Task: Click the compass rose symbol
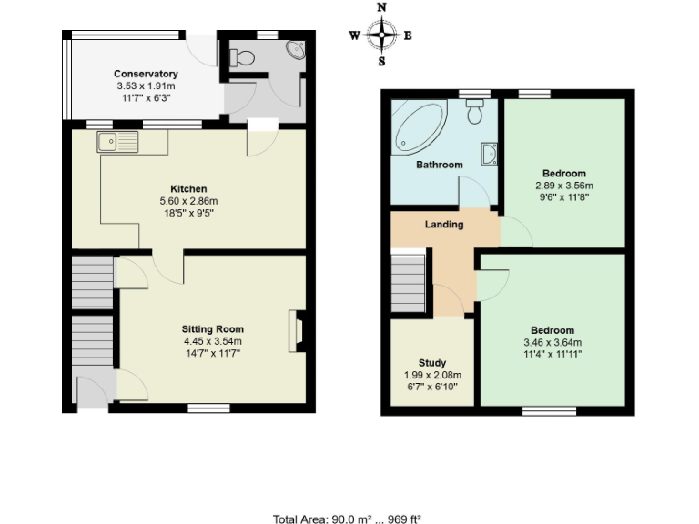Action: point(380,35)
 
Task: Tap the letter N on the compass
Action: point(381,7)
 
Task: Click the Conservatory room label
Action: point(146,74)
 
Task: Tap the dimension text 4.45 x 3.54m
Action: point(212,341)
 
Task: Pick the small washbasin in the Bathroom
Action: point(490,156)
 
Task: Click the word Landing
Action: point(444,224)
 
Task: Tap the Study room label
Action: point(432,363)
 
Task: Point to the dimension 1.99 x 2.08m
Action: point(432,375)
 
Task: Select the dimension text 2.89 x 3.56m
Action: point(564,186)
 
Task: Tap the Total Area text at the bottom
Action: point(347,519)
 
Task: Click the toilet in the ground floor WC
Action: point(243,57)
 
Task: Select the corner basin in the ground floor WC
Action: point(296,50)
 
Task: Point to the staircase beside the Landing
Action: point(409,281)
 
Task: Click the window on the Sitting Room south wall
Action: point(209,408)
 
